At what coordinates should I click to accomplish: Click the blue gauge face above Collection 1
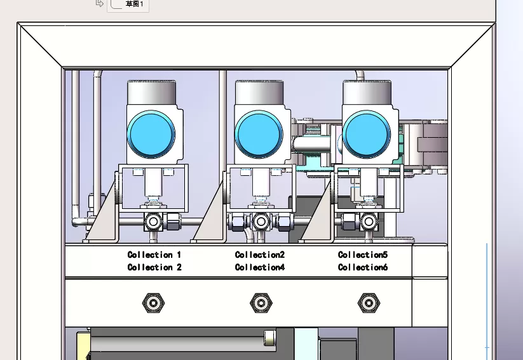(151, 135)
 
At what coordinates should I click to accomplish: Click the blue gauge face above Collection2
(259, 135)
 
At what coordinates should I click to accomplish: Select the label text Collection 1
(154, 255)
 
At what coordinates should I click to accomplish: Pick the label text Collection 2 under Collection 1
(154, 267)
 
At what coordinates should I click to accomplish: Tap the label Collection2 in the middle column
(260, 255)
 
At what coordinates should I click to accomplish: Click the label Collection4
(260, 267)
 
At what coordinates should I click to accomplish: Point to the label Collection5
(363, 255)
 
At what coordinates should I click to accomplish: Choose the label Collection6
(363, 267)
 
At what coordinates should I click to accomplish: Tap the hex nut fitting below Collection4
(260, 303)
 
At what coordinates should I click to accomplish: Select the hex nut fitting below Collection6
(367, 303)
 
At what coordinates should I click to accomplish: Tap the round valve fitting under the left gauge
(153, 222)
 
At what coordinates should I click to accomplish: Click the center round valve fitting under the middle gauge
(260, 222)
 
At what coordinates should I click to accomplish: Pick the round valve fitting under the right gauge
(368, 222)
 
